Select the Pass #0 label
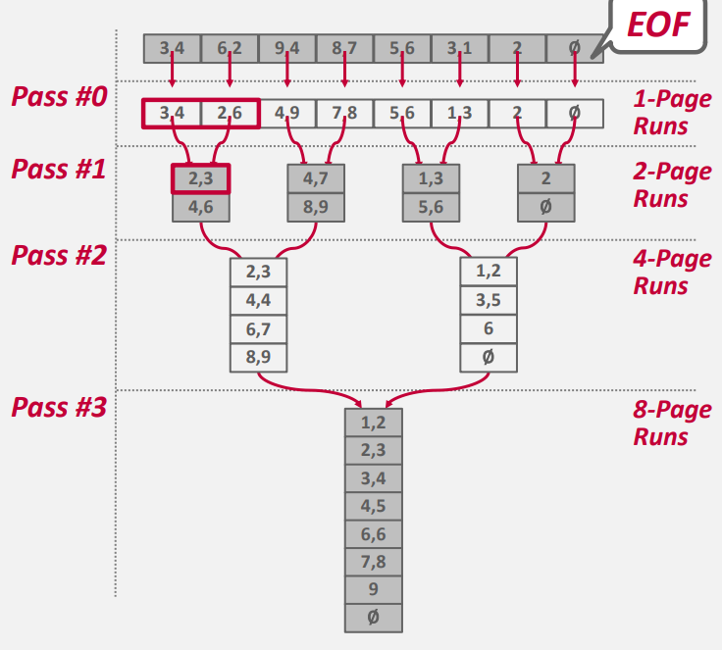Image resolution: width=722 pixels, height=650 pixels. [58, 98]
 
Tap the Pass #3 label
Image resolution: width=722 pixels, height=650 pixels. [58, 407]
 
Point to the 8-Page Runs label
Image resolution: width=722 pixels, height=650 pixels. [672, 423]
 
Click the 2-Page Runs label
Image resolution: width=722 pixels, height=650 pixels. [672, 184]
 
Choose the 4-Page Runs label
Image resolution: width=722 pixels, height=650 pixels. [672, 273]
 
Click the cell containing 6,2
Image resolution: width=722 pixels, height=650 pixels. [230, 49]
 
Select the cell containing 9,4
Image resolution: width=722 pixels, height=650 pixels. [287, 49]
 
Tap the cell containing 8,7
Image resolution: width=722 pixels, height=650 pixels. [344, 49]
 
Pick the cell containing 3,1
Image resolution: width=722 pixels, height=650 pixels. [459, 49]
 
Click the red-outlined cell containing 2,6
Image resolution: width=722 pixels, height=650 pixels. [230, 113]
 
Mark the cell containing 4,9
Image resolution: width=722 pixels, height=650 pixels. [287, 113]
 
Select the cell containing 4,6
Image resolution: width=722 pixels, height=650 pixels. [201, 208]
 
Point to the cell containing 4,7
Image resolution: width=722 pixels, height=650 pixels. [316, 179]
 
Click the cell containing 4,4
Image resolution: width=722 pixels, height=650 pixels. [259, 300]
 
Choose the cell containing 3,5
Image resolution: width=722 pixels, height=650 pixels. [489, 300]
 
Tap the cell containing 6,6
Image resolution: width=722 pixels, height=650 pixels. [374, 535]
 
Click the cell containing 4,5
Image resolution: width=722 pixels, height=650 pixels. [374, 507]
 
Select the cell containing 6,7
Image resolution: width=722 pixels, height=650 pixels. [259, 328]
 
